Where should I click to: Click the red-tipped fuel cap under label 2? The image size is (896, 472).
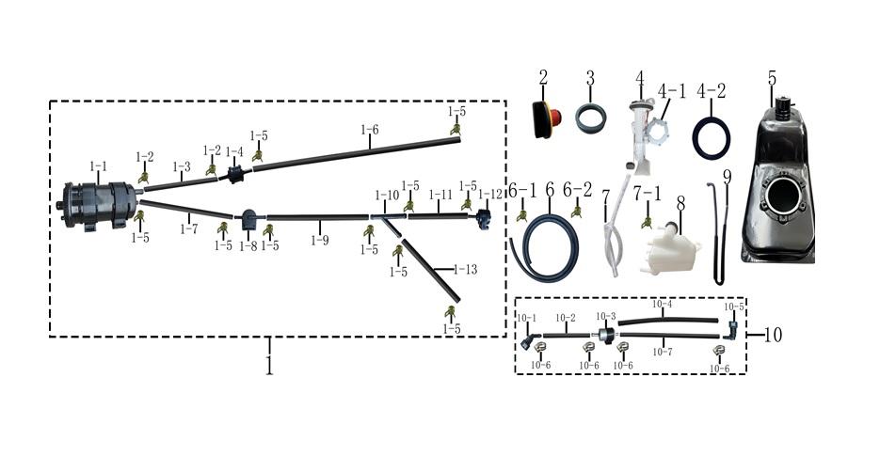(546, 119)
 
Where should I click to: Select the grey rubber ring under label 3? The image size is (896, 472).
(590, 119)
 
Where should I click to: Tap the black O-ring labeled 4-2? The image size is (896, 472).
(712, 138)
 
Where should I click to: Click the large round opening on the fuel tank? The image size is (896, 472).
(783, 196)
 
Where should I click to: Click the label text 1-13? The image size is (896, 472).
(465, 270)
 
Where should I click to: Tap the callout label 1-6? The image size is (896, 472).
(370, 130)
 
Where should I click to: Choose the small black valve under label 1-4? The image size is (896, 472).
(235, 174)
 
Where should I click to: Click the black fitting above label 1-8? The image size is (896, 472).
(249, 219)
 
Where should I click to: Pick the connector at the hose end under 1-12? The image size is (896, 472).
(484, 220)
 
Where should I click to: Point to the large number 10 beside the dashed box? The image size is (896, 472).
(773, 335)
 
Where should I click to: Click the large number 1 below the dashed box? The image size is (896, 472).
(269, 364)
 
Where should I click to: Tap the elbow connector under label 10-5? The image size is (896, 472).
(731, 330)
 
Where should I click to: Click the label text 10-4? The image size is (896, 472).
(663, 305)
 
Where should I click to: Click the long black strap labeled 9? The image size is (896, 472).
(717, 233)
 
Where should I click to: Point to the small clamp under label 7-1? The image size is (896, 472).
(647, 222)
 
